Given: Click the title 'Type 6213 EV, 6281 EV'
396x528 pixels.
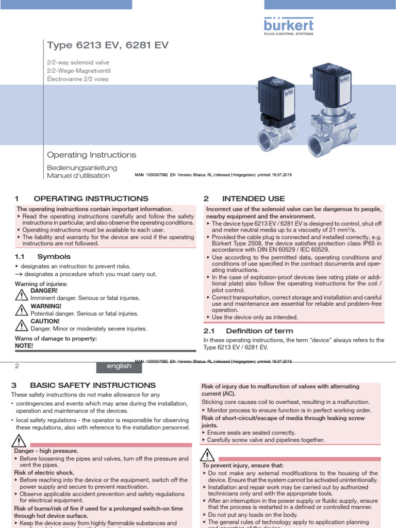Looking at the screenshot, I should point(107,46).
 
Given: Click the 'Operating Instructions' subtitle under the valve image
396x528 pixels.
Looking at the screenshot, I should point(91,155).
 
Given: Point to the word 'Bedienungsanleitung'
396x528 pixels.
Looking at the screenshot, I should point(82,168).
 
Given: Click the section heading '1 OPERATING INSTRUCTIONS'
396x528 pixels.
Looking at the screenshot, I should point(82,199).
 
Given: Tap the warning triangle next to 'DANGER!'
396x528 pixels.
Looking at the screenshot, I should point(22,294).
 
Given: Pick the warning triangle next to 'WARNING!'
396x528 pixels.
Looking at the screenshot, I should point(22,309).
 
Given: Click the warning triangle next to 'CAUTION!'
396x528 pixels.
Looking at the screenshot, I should point(22,324).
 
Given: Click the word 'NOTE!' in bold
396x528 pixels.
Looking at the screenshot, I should point(24,345).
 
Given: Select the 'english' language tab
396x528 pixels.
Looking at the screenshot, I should point(119,366).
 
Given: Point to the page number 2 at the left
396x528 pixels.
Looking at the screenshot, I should point(17,366).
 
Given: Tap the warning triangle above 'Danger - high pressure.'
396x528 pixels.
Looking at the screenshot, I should point(19,441).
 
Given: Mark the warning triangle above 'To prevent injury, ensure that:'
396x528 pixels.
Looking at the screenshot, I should point(208,455).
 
